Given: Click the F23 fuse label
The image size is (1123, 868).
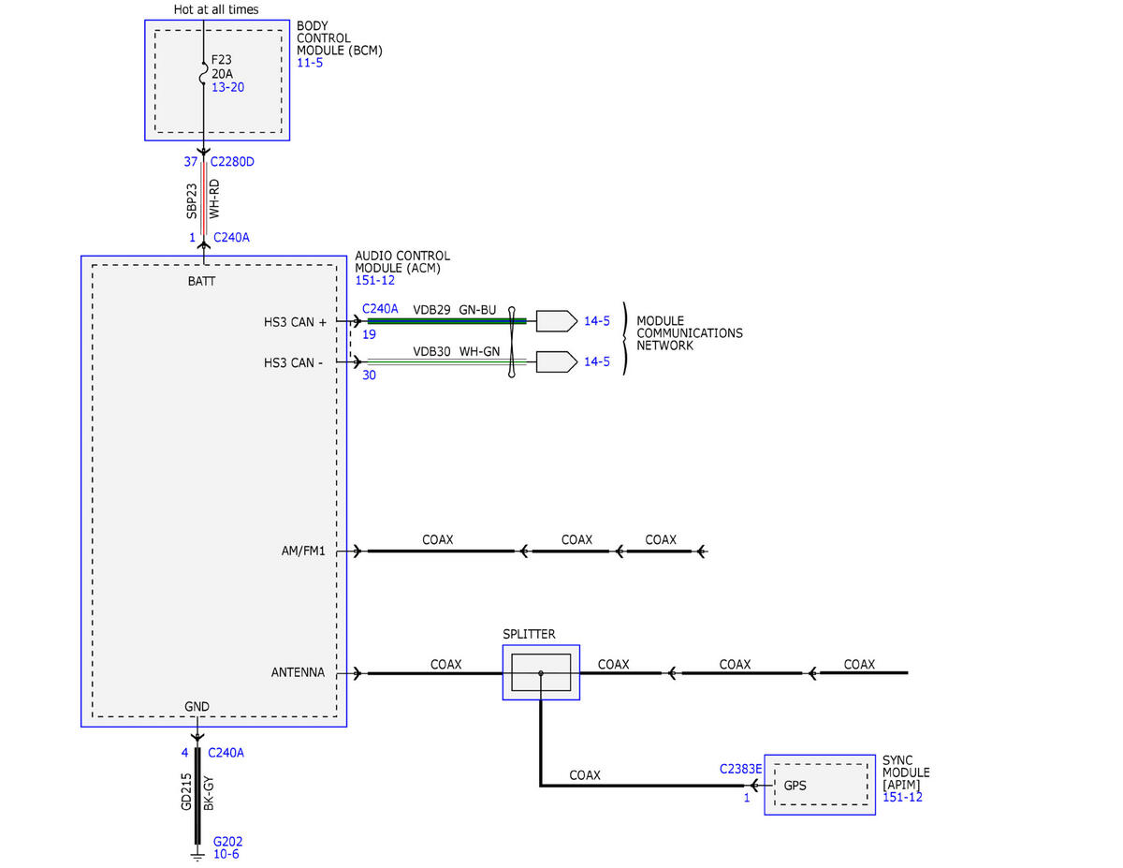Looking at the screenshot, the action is tap(221, 59).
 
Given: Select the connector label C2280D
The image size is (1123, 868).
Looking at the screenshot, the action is tap(232, 162).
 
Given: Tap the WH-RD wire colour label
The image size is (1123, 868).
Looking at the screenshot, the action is tap(214, 199).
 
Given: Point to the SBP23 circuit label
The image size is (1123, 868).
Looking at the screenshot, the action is tap(192, 201).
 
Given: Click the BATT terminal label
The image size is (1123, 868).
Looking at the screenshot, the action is tap(201, 281).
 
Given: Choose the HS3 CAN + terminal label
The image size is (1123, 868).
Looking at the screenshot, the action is tap(295, 322).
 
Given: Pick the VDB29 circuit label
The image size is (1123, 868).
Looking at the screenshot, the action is tap(431, 310).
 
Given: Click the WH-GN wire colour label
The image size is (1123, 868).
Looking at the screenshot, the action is tap(479, 351).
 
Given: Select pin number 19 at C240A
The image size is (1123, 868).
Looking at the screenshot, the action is tap(369, 334).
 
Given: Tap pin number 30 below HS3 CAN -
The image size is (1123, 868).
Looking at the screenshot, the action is tap(369, 375).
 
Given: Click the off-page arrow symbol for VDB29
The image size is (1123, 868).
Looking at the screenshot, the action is tap(557, 321).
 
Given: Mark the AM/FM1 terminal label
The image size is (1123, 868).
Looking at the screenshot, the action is tap(303, 551).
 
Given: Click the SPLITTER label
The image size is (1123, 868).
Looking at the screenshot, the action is tap(529, 634).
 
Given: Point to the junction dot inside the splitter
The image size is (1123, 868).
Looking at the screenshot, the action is tap(541, 673).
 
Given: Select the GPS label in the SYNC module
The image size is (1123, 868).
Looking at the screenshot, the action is tap(795, 786).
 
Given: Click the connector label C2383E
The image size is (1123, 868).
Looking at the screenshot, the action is tap(740, 769).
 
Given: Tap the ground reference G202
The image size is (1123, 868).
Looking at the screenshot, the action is tap(228, 842).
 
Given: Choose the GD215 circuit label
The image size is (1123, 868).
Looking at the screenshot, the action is tap(186, 791).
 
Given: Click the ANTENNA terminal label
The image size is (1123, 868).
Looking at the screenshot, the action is tap(298, 672).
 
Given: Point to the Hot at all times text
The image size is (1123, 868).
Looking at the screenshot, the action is tap(216, 9).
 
